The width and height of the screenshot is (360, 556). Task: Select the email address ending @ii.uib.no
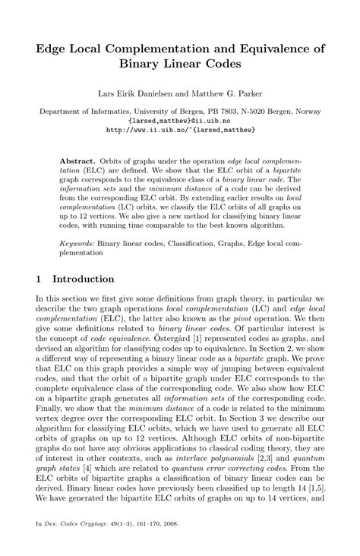point(179,120)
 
